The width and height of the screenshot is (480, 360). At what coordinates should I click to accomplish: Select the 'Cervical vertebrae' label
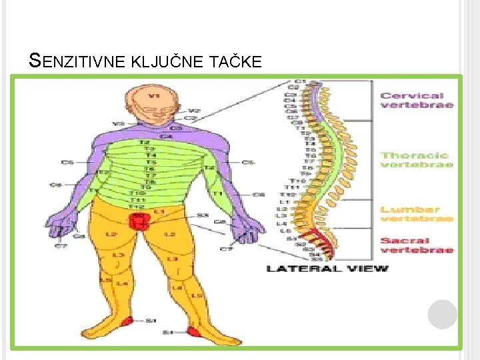[x=417, y=100]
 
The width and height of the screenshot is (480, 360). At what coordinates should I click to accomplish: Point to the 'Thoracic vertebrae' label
[x=417, y=159]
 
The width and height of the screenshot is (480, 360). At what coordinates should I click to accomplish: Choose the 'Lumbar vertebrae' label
[x=417, y=213]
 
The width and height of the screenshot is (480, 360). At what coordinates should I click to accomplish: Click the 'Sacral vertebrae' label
[x=417, y=245]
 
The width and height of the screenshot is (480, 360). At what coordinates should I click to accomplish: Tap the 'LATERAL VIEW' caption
[x=327, y=269]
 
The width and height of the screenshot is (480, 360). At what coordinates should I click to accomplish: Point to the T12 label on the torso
[x=137, y=207]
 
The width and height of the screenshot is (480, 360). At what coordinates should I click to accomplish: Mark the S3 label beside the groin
[x=201, y=215]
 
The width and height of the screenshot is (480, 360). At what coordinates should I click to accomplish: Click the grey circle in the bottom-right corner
[x=442, y=314]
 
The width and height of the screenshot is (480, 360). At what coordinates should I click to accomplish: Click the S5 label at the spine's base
[x=315, y=259]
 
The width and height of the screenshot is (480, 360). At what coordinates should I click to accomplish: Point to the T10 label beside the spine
[x=297, y=181]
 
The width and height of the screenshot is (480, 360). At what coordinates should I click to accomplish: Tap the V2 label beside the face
[x=194, y=111]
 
